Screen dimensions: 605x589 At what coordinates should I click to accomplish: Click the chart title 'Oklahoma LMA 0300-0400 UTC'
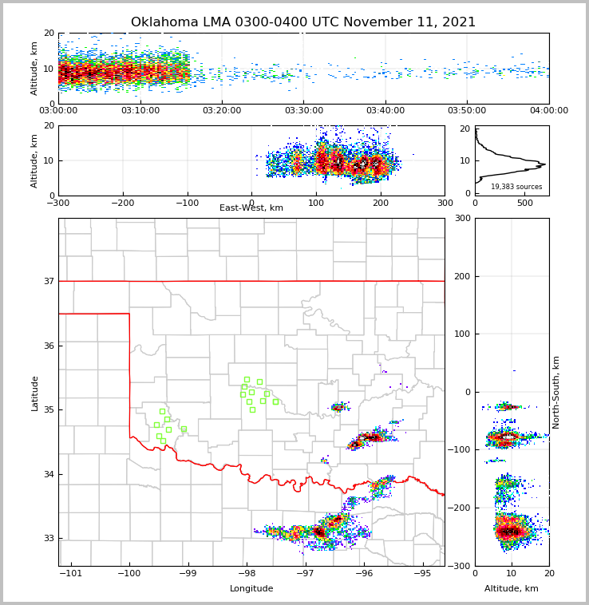[x=302, y=22]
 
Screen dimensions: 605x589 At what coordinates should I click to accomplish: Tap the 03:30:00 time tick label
[x=303, y=111]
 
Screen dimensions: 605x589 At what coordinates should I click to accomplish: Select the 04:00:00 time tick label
[x=548, y=111]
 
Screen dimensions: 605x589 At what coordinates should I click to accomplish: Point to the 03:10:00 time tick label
[x=140, y=111]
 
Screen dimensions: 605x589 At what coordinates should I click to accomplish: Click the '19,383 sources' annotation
[x=516, y=187]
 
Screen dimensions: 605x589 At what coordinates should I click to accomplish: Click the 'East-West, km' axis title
[x=251, y=208]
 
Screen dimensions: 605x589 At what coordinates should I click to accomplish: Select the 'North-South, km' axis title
[x=556, y=392]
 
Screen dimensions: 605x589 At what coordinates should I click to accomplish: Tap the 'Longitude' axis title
[x=251, y=589]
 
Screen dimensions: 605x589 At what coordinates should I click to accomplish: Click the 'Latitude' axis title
[x=34, y=393]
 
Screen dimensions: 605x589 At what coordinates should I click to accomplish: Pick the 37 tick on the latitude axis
[x=49, y=281]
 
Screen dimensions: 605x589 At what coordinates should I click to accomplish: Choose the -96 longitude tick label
[x=363, y=573]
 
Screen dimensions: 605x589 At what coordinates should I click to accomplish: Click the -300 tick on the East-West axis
[x=58, y=203]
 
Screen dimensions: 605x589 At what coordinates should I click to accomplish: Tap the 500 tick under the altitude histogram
[x=524, y=203]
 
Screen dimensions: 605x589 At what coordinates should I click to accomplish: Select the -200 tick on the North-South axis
[x=461, y=508]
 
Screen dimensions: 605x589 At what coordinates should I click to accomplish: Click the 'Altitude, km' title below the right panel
[x=511, y=589]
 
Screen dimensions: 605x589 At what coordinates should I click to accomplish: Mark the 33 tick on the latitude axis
[x=49, y=538]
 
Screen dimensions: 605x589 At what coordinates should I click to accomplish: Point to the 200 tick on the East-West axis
[x=381, y=203]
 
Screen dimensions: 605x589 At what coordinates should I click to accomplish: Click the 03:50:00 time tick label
[x=467, y=111]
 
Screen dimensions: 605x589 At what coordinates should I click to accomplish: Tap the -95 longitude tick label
[x=422, y=573]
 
